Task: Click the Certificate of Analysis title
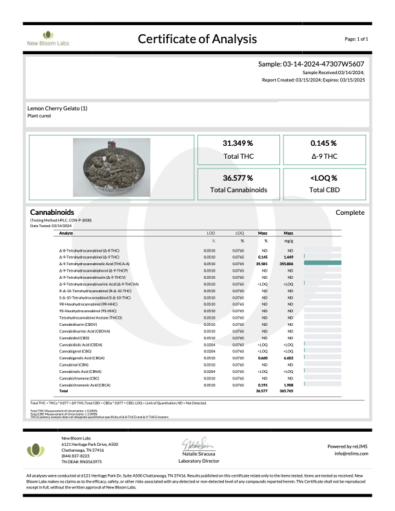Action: point(197,39)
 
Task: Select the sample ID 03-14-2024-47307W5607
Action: point(312,65)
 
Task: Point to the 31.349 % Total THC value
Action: point(238,143)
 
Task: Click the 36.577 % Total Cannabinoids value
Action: point(238,177)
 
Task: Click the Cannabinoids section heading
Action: point(52,212)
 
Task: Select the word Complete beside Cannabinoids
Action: point(350,212)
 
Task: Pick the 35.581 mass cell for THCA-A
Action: point(262,264)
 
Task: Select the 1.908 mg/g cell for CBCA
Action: point(289,385)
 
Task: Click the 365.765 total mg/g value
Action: point(288,391)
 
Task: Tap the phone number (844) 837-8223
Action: point(76,456)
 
